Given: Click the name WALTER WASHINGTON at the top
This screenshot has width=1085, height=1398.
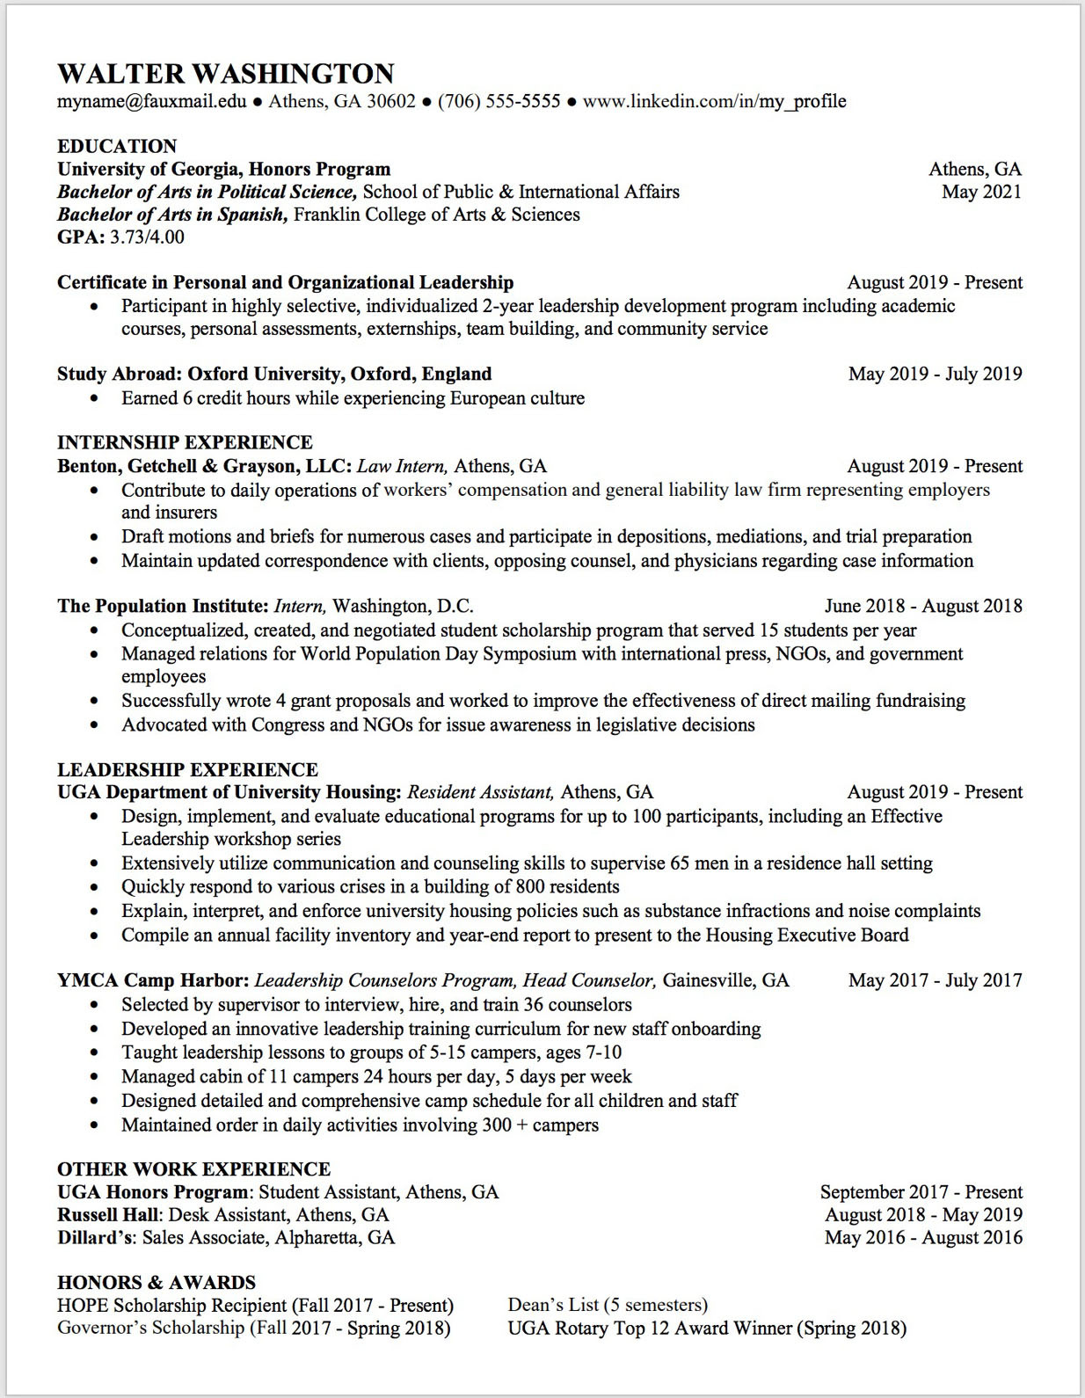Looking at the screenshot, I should click(x=225, y=73).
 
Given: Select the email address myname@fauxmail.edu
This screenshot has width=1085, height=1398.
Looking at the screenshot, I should click(x=151, y=101).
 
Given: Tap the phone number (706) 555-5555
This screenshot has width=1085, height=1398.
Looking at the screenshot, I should click(x=499, y=101).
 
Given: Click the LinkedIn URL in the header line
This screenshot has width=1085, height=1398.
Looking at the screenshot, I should click(x=714, y=101).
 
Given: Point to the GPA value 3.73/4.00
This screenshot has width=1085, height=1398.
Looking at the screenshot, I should click(x=147, y=237).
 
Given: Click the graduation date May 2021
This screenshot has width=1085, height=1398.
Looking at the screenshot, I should click(x=981, y=192).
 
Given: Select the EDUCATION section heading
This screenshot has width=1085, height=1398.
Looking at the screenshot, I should click(x=117, y=146).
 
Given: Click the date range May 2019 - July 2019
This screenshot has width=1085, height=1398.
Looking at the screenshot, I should click(x=935, y=374).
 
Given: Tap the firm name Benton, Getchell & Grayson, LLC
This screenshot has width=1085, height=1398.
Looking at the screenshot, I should click(x=204, y=466).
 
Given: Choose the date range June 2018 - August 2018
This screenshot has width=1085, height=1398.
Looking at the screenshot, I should click(x=923, y=606).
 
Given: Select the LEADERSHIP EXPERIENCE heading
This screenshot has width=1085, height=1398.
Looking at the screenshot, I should click(x=187, y=769).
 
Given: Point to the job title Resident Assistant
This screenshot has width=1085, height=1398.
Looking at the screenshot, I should click(x=480, y=792).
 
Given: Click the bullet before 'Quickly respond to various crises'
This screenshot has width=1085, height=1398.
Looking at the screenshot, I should click(x=95, y=887).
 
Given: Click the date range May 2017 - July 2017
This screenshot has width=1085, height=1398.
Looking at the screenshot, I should click(x=935, y=980).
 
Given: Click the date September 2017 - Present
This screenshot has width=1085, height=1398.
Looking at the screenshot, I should click(x=921, y=1192).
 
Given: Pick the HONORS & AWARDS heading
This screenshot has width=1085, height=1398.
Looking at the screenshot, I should click(x=157, y=1282).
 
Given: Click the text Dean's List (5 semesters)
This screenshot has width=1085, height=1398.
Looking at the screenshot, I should click(x=608, y=1305).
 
